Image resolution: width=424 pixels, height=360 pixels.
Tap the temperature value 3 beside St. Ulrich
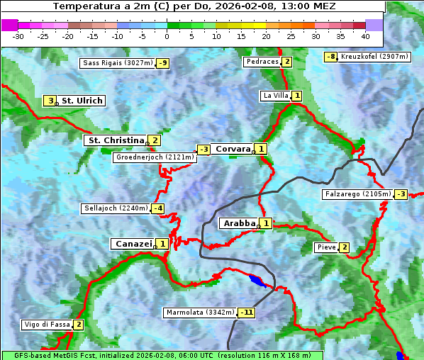coord(50,101)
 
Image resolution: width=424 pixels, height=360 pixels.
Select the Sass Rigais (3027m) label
coord(118,63)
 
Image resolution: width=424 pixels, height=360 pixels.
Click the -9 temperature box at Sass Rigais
coord(163,63)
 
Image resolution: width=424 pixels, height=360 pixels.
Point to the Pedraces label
coord(262,62)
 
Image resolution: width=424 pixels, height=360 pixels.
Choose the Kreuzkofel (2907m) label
coord(374,57)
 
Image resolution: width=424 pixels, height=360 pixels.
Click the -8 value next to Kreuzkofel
coord(330,57)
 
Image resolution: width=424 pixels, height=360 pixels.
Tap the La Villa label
coord(276,96)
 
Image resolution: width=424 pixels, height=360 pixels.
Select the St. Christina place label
coord(115,140)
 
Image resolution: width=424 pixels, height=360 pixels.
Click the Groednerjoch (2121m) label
coord(154,157)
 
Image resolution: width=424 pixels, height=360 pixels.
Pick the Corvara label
coord(233,149)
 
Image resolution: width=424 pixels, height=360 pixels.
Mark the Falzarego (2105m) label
coord(357,194)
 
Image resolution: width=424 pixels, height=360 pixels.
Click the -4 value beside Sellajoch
coord(158,208)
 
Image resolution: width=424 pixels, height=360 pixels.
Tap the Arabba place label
coord(239,223)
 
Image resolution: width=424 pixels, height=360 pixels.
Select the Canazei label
coord(133,244)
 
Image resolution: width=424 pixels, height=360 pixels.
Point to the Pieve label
coord(326,247)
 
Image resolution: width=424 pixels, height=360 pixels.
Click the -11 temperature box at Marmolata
coord(247,313)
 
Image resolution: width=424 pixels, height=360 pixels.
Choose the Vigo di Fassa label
coord(47,325)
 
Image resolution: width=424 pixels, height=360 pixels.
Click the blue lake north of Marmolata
coord(259,282)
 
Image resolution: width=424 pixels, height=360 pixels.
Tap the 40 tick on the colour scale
coord(365,36)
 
